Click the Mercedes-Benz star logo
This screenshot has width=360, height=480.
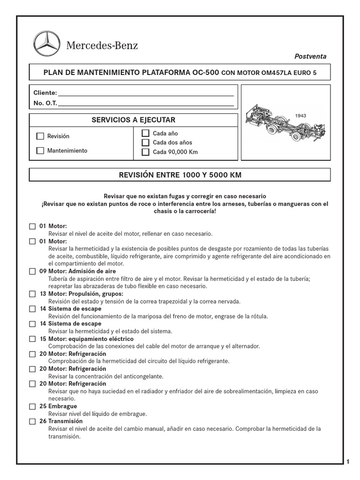click(47, 45)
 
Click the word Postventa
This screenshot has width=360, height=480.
click(310, 56)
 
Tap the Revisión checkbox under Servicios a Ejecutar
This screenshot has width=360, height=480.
click(40, 136)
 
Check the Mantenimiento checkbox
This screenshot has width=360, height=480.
click(40, 151)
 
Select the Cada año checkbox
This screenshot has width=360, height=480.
click(145, 134)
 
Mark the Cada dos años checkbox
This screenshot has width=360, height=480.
click(145, 142)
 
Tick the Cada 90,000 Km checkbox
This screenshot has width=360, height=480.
click(145, 152)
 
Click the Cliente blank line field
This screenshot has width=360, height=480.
click(145, 93)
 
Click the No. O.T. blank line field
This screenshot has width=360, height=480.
click(145, 103)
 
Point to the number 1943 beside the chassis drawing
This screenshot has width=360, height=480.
click(300, 115)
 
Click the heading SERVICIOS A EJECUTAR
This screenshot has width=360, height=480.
click(134, 120)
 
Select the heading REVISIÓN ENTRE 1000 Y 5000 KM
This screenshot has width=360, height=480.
click(180, 175)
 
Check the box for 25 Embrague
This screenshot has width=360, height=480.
click(32, 406)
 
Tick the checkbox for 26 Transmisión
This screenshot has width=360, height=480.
click(32, 421)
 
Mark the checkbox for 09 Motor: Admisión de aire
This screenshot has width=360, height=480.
click(32, 271)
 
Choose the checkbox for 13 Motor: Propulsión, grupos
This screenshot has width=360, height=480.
click(32, 294)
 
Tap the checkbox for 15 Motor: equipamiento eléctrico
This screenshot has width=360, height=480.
click(32, 339)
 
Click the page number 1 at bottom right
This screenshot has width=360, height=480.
click(348, 462)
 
